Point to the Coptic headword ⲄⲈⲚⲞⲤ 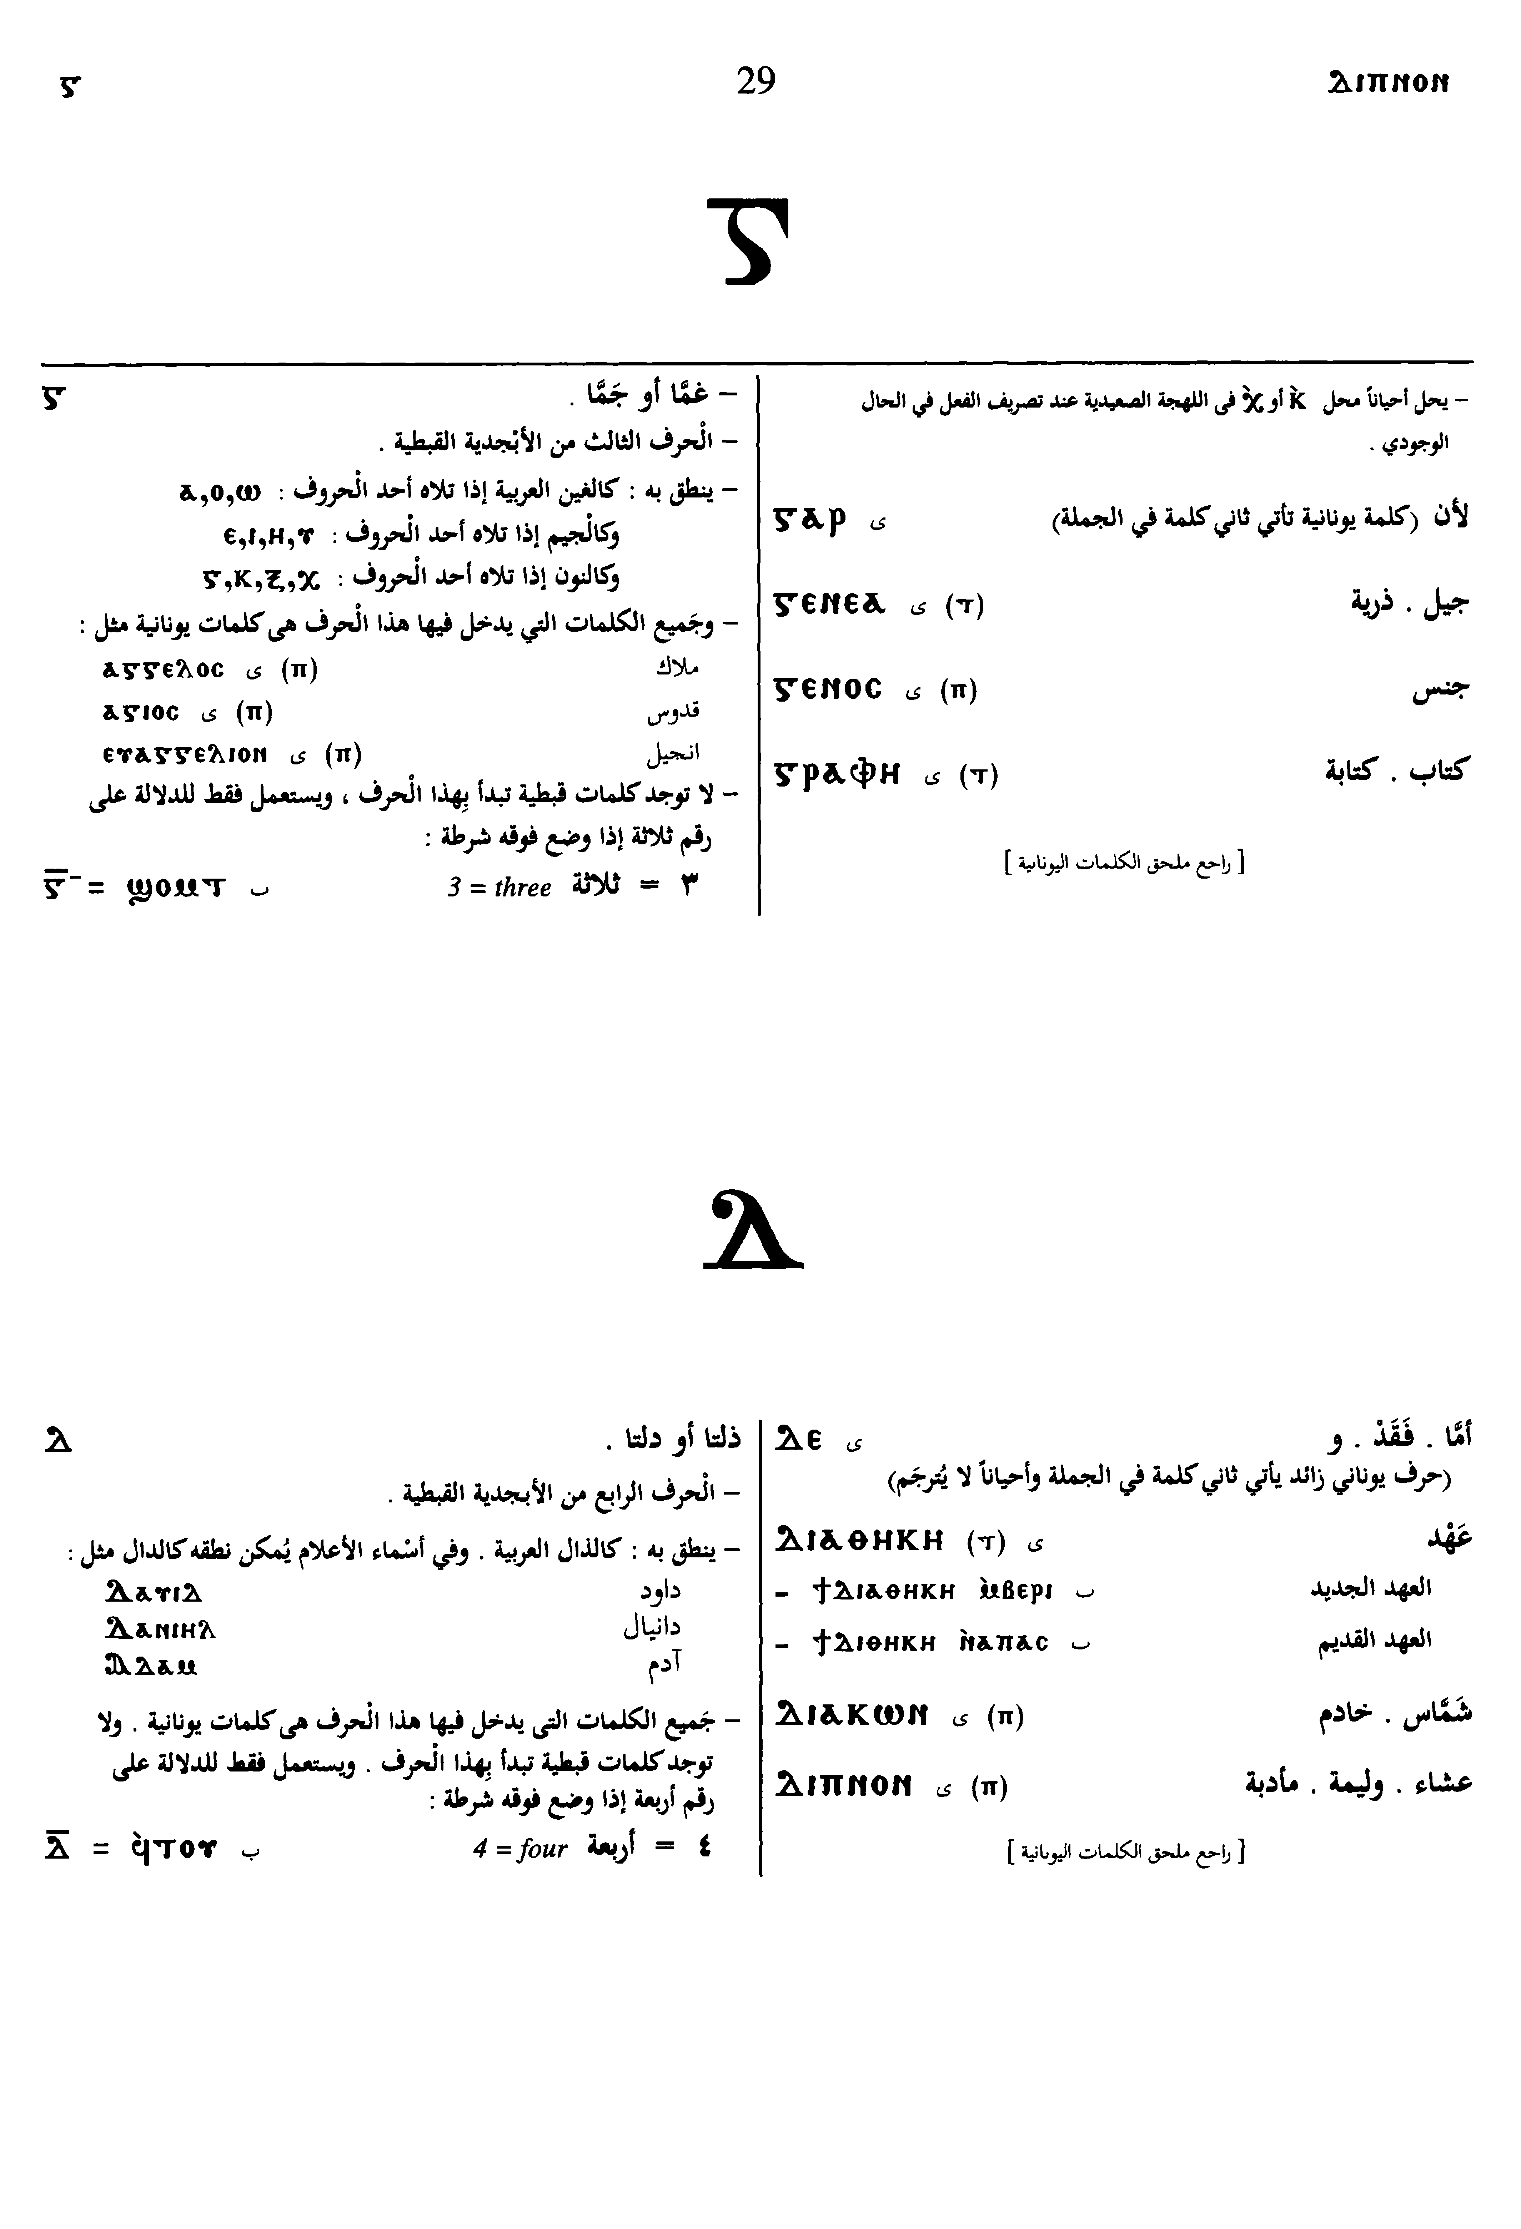827,689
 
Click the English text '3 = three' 499,887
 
